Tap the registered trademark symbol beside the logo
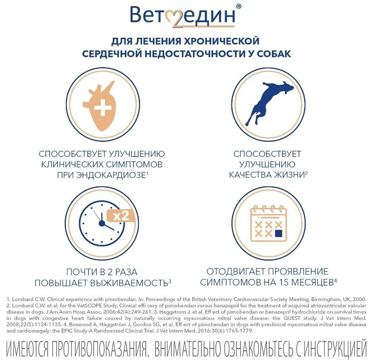point(239,7)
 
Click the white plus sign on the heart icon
point(103,108)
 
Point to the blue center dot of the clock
point(102,223)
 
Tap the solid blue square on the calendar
point(279,233)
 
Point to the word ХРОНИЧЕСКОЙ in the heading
point(222,41)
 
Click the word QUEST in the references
point(291,318)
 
